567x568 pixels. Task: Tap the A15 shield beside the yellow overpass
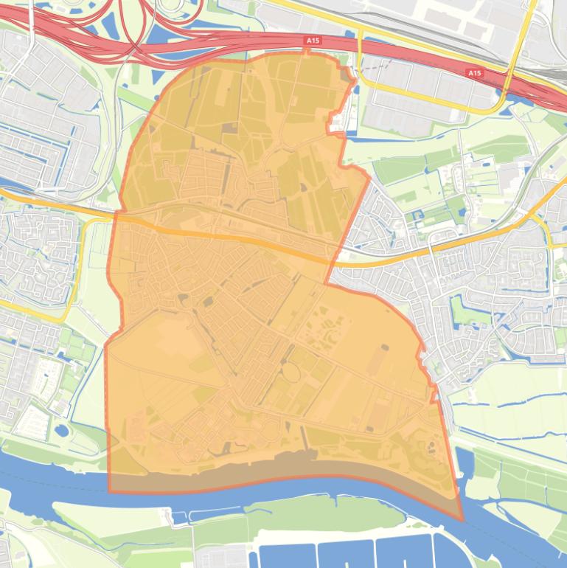click(x=474, y=73)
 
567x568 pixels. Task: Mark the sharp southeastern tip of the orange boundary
click(x=463, y=520)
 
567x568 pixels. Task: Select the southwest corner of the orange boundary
click(x=110, y=491)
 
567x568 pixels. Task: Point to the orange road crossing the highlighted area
click(x=221, y=236)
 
